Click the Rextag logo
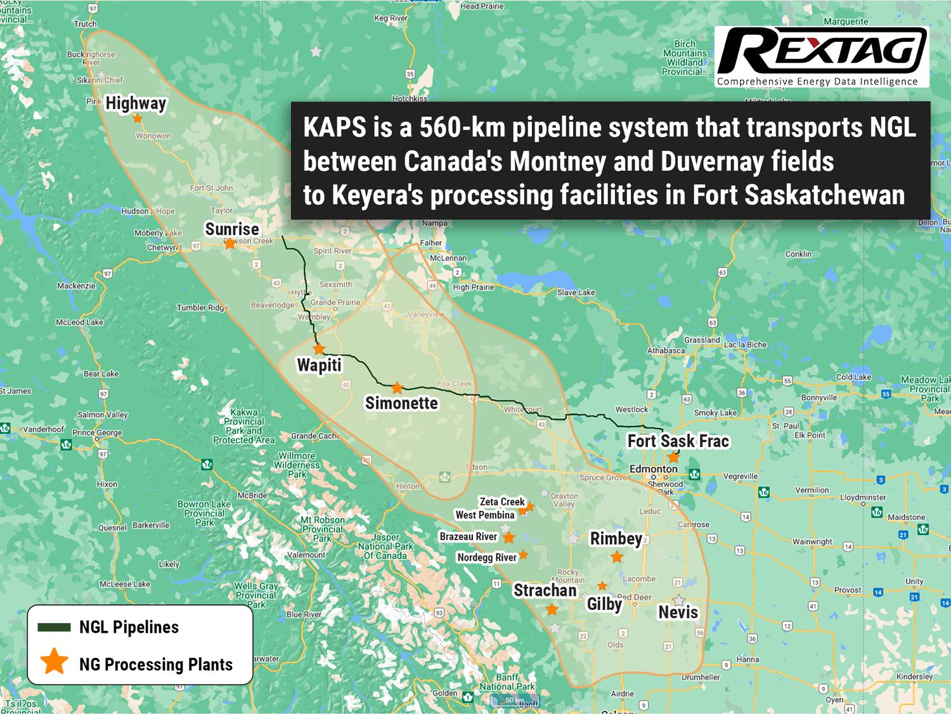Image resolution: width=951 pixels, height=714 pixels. pyautogui.click(x=822, y=56)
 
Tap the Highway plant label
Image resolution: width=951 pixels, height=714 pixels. pyautogui.click(x=136, y=103)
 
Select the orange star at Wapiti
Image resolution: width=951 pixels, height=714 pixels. pyautogui.click(x=319, y=349)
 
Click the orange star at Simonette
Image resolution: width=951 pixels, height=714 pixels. pyautogui.click(x=397, y=388)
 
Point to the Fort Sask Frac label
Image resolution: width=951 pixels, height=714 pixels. pyautogui.click(x=678, y=441)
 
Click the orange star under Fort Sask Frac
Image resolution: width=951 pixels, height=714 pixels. pyautogui.click(x=673, y=457)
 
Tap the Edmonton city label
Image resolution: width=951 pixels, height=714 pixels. pyautogui.click(x=653, y=469)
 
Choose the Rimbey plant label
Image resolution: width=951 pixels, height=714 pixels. pyautogui.click(x=616, y=538)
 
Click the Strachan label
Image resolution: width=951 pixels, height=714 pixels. pyautogui.click(x=545, y=590)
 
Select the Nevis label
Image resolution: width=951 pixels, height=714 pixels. pyautogui.click(x=678, y=612)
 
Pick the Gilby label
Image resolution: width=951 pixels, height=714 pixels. pyautogui.click(x=604, y=604)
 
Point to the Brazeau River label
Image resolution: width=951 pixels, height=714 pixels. pyautogui.click(x=469, y=537)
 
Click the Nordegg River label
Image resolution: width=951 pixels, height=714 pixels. pyautogui.click(x=487, y=557)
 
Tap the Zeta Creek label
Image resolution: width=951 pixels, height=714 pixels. pyautogui.click(x=502, y=501)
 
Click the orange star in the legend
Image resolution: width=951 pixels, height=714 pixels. pyautogui.click(x=55, y=661)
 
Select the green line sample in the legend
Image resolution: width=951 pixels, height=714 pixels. pyautogui.click(x=54, y=628)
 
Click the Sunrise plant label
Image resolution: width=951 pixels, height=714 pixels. pyautogui.click(x=232, y=229)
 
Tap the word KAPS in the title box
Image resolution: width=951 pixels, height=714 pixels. pyautogui.click(x=334, y=128)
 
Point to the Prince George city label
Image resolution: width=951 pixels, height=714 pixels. pyautogui.click(x=97, y=433)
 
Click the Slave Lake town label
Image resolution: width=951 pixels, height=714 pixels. pyautogui.click(x=576, y=293)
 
